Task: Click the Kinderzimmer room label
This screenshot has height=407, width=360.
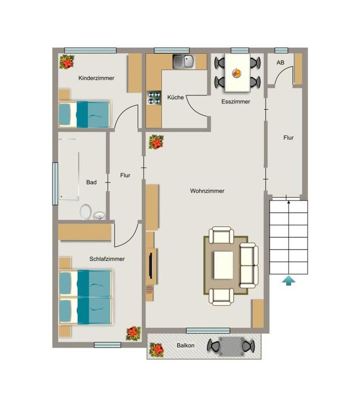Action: [96, 78]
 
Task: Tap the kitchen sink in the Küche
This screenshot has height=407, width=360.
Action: [184, 62]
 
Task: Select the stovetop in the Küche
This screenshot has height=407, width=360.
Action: [154, 97]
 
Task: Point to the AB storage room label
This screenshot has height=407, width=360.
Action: [281, 63]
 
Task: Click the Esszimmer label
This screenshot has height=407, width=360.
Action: [236, 101]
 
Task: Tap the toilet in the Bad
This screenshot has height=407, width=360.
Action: [85, 211]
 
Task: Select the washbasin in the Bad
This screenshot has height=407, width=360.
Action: [100, 215]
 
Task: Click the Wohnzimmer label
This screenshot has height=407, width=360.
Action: [207, 191]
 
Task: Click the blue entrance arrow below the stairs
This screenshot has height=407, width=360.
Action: [289, 281]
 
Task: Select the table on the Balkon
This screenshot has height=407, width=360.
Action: [231, 346]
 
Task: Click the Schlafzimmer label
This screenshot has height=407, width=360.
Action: [107, 259]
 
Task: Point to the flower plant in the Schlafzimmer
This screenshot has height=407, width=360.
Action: [133, 333]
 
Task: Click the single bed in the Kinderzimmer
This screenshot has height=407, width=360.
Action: [85, 114]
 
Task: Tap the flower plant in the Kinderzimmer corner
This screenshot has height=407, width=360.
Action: [66, 62]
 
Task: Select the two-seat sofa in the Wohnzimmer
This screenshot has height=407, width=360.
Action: [249, 265]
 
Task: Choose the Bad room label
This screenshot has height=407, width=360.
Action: [91, 182]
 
